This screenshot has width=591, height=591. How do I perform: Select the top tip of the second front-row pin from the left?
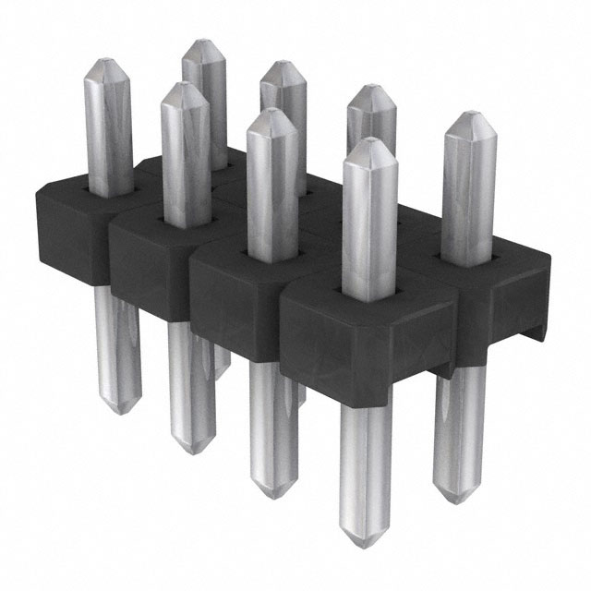coord(183,86)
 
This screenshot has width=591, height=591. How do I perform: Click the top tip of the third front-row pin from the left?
coord(269,113)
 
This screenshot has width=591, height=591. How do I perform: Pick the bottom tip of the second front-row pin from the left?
coord(190,450)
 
